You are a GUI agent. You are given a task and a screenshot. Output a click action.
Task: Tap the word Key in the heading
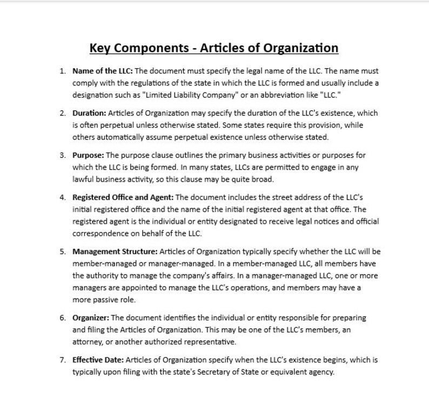(x=100, y=49)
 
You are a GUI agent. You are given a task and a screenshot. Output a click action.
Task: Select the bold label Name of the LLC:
(x=102, y=71)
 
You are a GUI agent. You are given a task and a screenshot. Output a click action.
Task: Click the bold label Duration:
(x=89, y=113)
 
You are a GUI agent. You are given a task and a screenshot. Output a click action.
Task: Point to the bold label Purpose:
(x=88, y=155)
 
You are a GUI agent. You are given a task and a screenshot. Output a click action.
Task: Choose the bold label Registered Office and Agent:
(x=123, y=197)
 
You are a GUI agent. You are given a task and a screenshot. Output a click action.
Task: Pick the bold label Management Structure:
(x=115, y=251)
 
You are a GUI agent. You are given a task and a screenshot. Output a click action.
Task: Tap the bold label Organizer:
(x=90, y=317)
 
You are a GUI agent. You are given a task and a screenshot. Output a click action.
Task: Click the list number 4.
(x=63, y=197)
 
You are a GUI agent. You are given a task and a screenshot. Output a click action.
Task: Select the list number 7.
(x=63, y=360)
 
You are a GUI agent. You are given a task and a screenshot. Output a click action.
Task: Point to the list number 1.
(x=63, y=71)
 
